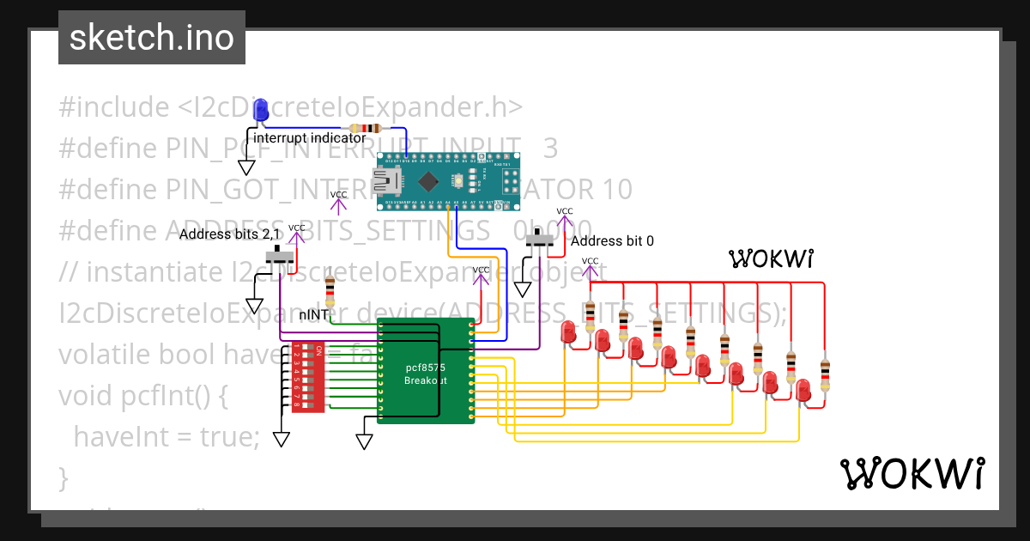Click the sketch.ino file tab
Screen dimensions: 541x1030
[151, 38]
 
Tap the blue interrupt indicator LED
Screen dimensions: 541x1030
[260, 111]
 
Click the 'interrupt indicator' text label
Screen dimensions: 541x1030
[309, 137]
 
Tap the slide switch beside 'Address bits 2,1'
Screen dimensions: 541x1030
[281, 256]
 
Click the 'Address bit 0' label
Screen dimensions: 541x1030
[612, 241]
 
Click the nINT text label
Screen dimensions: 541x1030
[313, 315]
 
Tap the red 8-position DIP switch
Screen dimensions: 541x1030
[307, 378]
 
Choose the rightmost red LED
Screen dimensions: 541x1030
[803, 391]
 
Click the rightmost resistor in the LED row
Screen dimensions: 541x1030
[825, 375]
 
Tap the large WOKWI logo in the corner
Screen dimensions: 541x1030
[912, 473]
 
